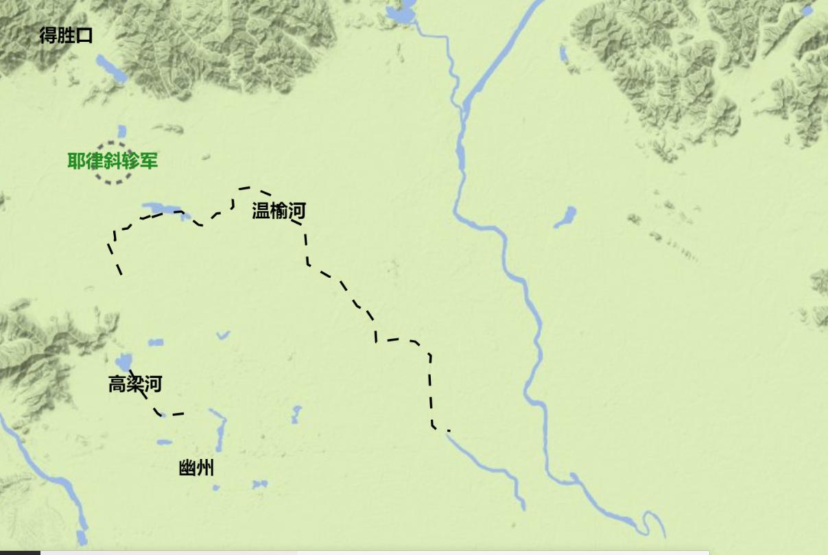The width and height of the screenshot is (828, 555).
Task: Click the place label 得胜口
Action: (x=66, y=36)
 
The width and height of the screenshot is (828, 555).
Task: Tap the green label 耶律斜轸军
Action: (x=113, y=161)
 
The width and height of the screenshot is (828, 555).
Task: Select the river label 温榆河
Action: (x=279, y=211)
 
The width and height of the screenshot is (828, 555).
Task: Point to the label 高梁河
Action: (x=135, y=384)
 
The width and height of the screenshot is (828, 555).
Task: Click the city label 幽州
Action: (x=196, y=469)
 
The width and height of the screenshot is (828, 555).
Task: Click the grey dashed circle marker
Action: (x=113, y=163)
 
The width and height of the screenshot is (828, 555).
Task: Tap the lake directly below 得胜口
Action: (x=110, y=68)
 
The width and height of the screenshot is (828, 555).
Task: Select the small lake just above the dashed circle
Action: (x=122, y=130)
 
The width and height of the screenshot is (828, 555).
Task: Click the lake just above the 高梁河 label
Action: (x=124, y=361)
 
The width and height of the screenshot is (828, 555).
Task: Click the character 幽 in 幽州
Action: (x=187, y=469)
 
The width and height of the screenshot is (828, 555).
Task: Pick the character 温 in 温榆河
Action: (x=261, y=211)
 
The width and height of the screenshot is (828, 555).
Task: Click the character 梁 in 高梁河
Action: (x=135, y=384)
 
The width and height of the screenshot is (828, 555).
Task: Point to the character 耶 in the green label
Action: (x=76, y=161)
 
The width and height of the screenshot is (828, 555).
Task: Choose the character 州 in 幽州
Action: (x=205, y=469)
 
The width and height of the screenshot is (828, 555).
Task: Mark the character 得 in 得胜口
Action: (x=48, y=36)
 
